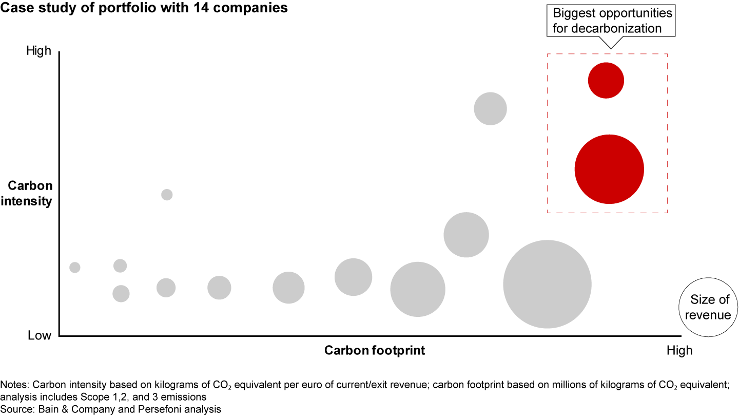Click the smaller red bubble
(x=606, y=80)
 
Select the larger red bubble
(x=609, y=169)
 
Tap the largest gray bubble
(x=547, y=284)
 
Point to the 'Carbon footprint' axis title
(x=375, y=351)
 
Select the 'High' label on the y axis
(x=40, y=51)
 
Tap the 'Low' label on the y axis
(x=40, y=335)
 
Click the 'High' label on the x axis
(x=679, y=351)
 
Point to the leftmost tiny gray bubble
(x=75, y=268)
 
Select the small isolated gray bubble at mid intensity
(x=167, y=195)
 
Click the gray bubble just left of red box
(x=490, y=108)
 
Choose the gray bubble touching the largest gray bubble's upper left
(x=466, y=235)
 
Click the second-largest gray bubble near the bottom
(x=418, y=289)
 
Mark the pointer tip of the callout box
(x=610, y=48)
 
